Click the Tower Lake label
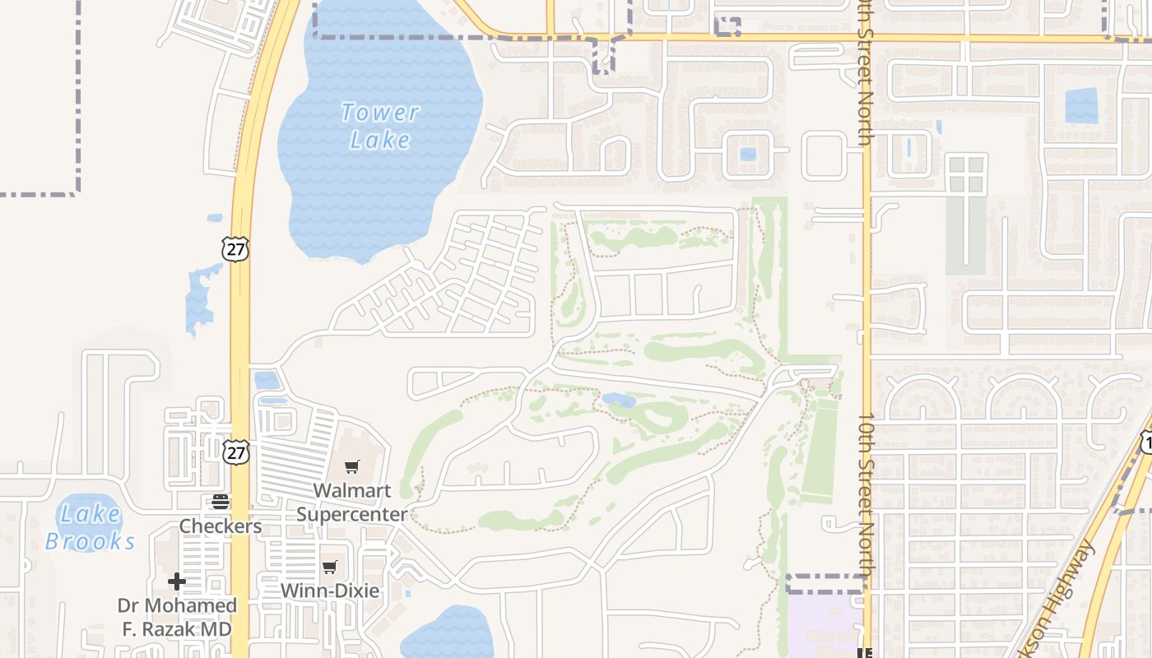(x=379, y=126)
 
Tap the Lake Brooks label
(x=90, y=527)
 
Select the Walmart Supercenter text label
(x=352, y=502)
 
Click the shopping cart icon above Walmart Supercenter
(x=352, y=467)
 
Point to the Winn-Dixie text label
(x=330, y=591)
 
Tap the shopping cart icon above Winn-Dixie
(x=330, y=567)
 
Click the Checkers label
(x=221, y=526)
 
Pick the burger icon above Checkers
(x=221, y=501)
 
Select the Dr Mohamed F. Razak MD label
(x=177, y=617)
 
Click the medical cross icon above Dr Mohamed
(x=176, y=582)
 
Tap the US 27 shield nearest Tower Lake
(x=235, y=248)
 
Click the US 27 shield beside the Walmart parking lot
(x=235, y=452)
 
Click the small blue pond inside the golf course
(x=619, y=400)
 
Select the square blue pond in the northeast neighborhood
(x=1081, y=105)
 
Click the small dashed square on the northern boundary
(x=727, y=27)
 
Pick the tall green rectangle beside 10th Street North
(x=819, y=447)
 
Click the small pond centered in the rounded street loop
(x=748, y=154)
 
